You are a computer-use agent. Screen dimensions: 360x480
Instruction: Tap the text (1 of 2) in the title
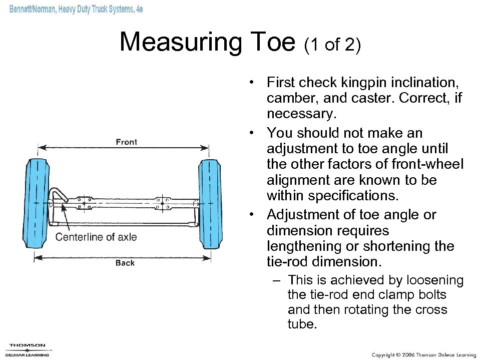pyautogui.click(x=332, y=45)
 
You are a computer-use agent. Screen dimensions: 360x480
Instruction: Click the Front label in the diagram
pyautogui.click(x=126, y=142)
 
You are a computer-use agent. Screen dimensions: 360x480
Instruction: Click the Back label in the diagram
pyautogui.click(x=125, y=263)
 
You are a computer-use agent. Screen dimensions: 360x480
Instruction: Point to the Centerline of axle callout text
pyautogui.click(x=96, y=237)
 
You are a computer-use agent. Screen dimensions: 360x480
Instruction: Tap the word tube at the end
pyautogui.click(x=302, y=324)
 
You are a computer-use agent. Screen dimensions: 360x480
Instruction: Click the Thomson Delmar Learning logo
pyautogui.click(x=28, y=349)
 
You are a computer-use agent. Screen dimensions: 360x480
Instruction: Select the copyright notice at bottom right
pyautogui.click(x=423, y=354)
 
